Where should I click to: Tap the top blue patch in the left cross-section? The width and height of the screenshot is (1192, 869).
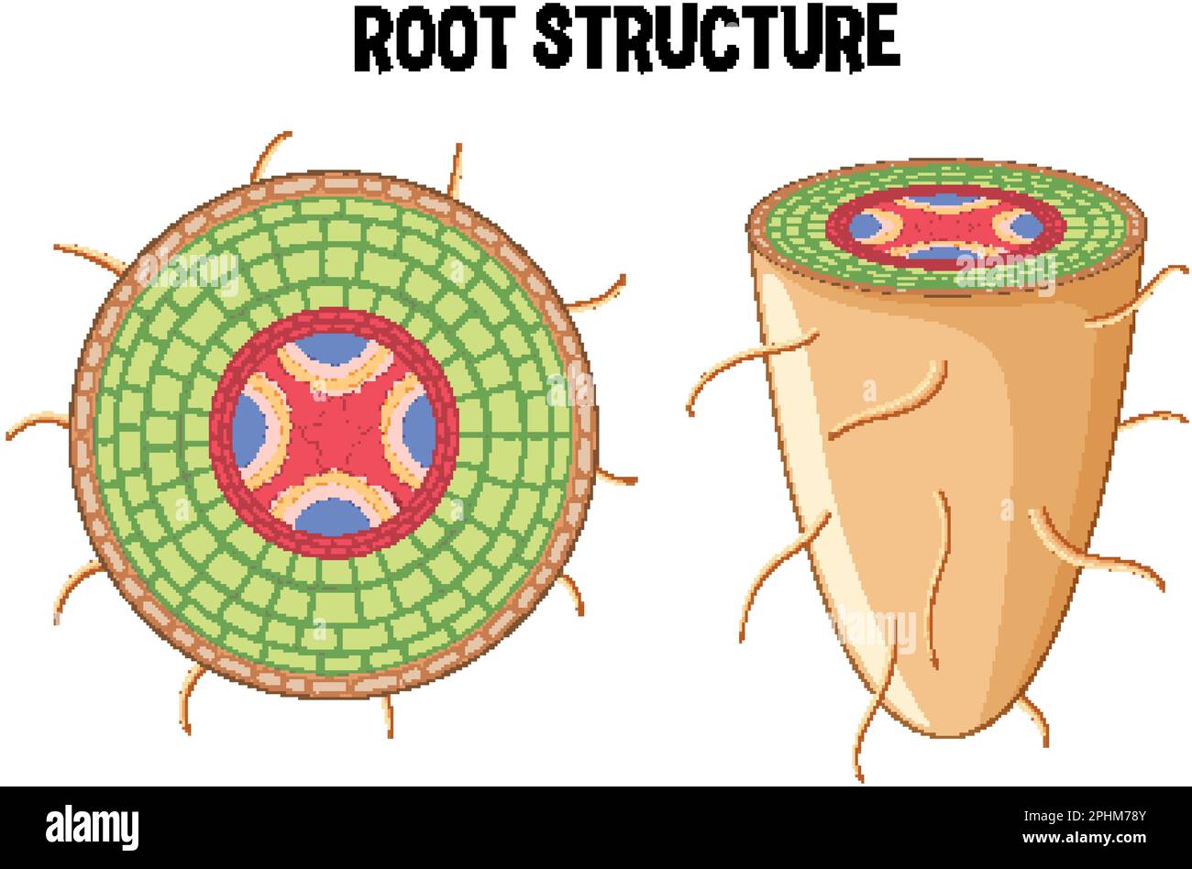(333, 349)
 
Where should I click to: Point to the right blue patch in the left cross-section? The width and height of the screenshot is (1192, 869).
(419, 431)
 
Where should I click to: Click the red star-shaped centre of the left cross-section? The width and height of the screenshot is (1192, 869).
(333, 431)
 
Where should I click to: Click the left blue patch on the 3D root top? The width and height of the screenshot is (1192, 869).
(863, 225)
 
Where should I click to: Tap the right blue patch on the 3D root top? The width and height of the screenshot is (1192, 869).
(1026, 225)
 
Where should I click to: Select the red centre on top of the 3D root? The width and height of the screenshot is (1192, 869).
(944, 225)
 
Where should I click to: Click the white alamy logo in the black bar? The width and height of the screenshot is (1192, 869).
(92, 826)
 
